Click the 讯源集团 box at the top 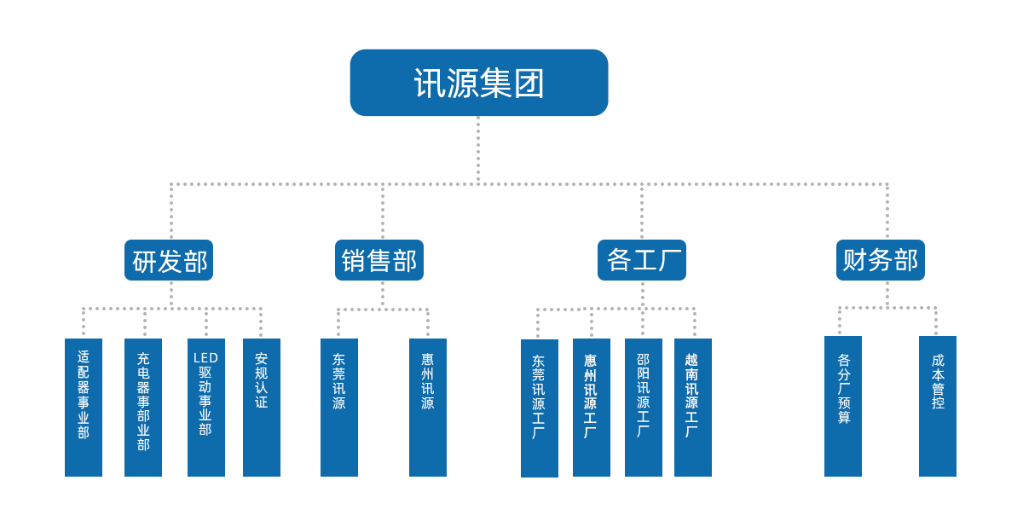click(x=478, y=83)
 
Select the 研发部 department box click(x=169, y=260)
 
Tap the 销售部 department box click(x=379, y=260)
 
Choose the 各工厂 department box click(x=641, y=260)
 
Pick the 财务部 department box click(x=880, y=260)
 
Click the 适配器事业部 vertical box click(x=84, y=407)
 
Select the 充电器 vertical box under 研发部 click(x=143, y=407)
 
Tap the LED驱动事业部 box click(x=206, y=407)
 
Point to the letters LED click(x=206, y=358)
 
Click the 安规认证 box click(x=262, y=407)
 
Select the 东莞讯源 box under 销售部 click(x=339, y=407)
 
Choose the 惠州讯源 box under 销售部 click(x=428, y=407)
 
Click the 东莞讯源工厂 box click(x=539, y=408)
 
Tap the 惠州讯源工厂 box click(x=591, y=407)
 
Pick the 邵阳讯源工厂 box click(x=643, y=407)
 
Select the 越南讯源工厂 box click(x=692, y=407)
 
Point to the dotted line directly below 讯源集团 click(x=478, y=149)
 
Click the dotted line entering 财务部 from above click(x=887, y=213)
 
